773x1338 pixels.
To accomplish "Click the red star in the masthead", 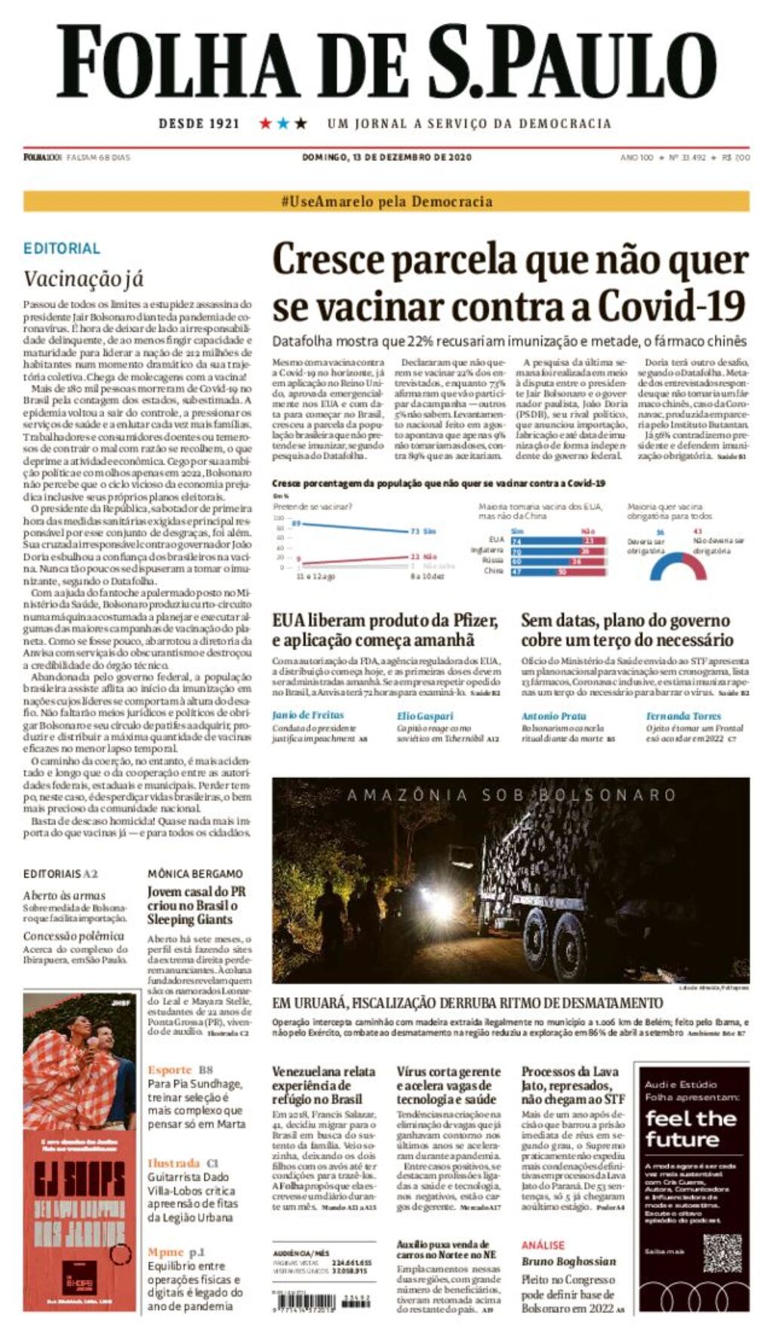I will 265,123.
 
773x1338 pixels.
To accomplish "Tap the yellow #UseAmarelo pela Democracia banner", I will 386,201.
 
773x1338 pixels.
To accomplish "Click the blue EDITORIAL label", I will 62,248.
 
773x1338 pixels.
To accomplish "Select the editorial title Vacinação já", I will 83,279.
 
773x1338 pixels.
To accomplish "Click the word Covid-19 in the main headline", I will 672,306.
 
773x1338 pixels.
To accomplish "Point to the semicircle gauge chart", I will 678,566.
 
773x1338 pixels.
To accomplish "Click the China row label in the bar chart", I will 494,571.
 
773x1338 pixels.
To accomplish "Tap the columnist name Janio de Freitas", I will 307,715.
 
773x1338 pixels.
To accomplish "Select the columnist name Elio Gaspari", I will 425,715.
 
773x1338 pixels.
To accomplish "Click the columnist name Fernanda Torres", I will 683,715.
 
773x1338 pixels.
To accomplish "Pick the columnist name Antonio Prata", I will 553,715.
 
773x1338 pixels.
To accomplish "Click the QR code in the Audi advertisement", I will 722,1253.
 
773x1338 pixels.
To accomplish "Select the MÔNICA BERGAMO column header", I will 195,873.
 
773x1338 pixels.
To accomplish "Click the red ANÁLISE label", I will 542,1244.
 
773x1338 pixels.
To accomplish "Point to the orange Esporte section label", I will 170,1069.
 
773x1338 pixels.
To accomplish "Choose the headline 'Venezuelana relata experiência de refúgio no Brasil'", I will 323,1085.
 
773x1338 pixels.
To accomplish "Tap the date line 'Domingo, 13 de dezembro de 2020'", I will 386,158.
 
